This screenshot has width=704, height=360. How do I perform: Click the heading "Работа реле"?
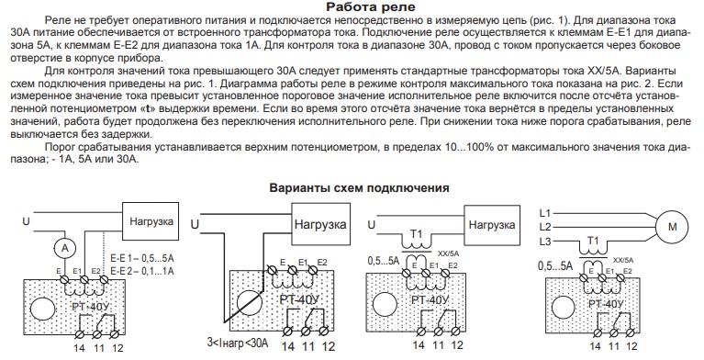click(371, 7)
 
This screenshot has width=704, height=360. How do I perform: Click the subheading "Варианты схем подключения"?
click(359, 187)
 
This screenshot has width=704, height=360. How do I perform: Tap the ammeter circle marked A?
click(65, 248)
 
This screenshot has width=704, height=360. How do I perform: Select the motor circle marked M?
click(672, 227)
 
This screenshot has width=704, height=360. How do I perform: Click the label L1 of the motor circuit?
click(545, 213)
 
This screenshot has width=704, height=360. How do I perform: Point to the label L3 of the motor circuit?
click(545, 242)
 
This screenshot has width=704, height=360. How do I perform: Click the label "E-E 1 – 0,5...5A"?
click(142, 259)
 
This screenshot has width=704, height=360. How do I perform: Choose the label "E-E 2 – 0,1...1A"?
click(142, 271)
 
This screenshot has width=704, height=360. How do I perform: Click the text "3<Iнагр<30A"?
click(238, 343)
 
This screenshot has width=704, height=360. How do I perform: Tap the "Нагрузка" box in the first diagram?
click(151, 221)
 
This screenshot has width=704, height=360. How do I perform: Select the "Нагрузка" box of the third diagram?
click(492, 225)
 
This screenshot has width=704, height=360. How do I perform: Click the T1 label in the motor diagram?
click(593, 241)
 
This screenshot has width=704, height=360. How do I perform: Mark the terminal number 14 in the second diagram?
click(288, 346)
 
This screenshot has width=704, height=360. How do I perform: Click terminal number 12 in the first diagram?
click(117, 347)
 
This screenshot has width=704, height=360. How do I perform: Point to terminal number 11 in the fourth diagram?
click(613, 346)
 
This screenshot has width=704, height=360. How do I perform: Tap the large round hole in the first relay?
click(43, 309)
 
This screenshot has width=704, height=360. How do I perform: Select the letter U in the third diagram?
click(372, 224)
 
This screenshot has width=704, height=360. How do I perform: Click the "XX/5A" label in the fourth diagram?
click(623, 260)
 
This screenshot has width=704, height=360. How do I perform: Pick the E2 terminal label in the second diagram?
click(322, 262)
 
